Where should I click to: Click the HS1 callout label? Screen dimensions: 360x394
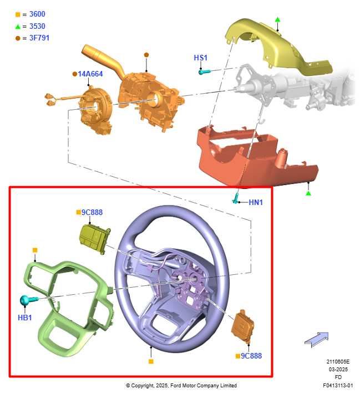[200, 58]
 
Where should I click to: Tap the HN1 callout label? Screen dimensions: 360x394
[256, 202]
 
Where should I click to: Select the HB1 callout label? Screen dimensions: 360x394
[24, 318]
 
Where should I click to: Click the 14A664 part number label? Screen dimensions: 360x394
[90, 74]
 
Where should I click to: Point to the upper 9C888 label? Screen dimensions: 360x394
[92, 212]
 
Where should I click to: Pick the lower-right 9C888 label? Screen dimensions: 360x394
[251, 356]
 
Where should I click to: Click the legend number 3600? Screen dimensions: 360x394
[37, 14]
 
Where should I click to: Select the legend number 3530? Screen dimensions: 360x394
[37, 26]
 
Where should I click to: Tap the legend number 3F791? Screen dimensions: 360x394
[39, 38]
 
